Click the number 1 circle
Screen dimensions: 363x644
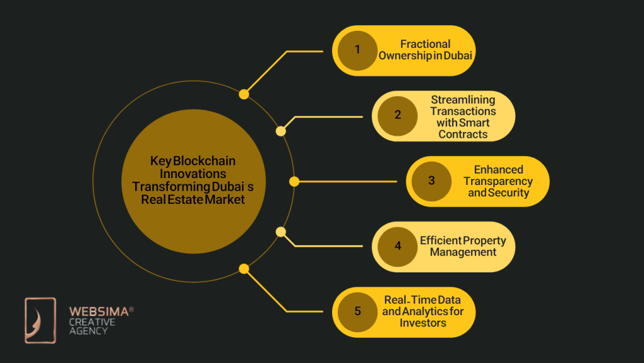[357, 50]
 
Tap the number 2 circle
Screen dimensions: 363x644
[397, 116]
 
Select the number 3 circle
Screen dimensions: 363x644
[431, 181]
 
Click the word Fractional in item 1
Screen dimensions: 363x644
[425, 44]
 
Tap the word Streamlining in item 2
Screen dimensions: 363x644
[463, 100]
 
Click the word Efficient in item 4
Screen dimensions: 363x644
[440, 241]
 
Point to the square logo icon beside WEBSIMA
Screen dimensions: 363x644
[40, 320]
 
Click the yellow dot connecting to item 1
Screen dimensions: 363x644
[244, 94]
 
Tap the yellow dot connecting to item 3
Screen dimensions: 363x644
[294, 181]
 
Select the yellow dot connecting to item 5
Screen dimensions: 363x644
[244, 269]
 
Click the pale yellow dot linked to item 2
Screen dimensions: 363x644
[281, 131]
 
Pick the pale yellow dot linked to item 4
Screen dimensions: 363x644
[281, 232]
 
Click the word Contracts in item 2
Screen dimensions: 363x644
[463, 134]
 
